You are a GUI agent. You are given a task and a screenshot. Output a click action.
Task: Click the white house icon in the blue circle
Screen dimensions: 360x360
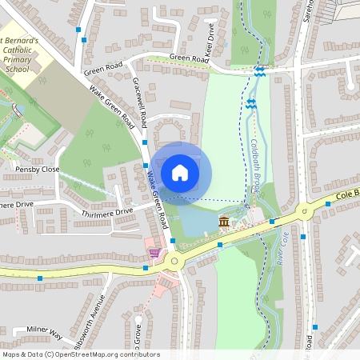tap(180, 172)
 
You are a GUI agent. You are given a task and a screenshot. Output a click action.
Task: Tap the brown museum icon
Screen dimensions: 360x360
tap(224, 221)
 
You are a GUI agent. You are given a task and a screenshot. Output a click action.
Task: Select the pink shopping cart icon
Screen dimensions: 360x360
tap(154, 253)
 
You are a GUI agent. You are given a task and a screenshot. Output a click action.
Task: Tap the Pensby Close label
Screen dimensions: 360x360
tap(37, 170)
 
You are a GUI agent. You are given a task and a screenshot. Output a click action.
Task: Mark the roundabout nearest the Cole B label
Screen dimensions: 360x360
tap(303, 211)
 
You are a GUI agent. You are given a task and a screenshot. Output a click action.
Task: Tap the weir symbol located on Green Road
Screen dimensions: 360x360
tap(259, 71)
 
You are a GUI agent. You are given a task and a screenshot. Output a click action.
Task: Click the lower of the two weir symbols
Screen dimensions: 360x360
tap(251, 104)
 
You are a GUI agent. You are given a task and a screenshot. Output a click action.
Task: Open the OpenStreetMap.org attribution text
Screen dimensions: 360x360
tap(80, 354)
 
